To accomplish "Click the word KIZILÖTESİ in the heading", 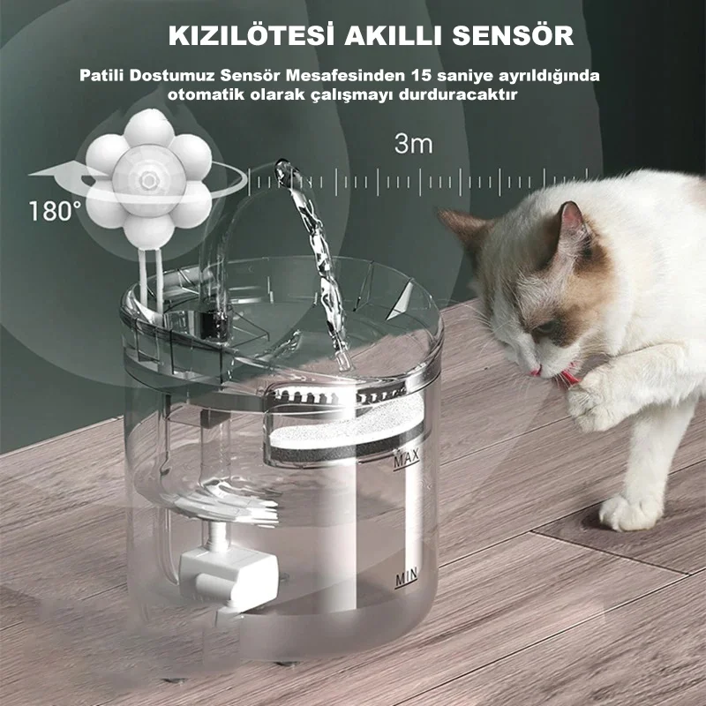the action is point(252,35).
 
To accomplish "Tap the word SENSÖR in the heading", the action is point(513,35).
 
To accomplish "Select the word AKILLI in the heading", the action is point(394,36).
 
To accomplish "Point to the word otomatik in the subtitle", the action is point(206,95).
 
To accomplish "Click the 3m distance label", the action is point(413,144).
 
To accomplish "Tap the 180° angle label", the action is point(55,211).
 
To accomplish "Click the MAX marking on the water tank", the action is point(407,459).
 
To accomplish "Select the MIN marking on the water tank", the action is point(406,577).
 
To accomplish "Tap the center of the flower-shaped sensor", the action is point(148,180).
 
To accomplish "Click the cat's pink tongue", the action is point(568,377).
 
